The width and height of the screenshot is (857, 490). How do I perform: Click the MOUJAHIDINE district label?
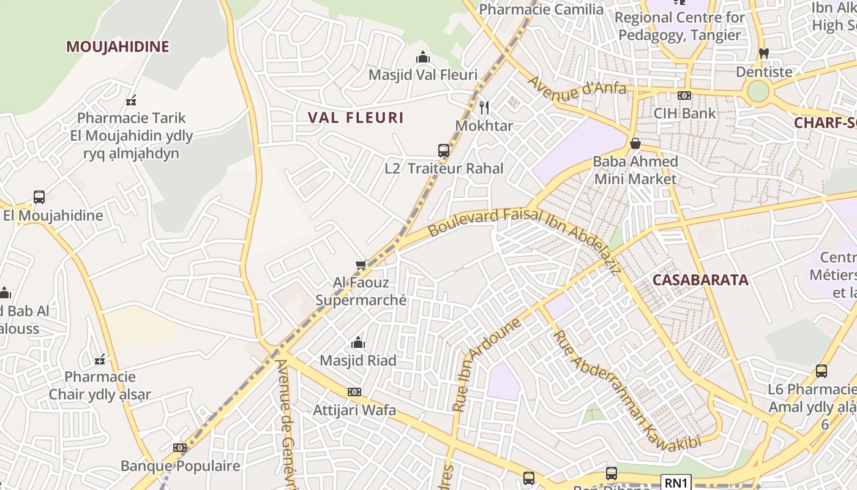[x=118, y=47]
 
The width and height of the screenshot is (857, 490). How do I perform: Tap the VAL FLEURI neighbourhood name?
[x=356, y=118]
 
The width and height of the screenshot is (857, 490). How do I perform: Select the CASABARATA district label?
[x=700, y=280]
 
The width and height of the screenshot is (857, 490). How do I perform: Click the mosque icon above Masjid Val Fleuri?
[x=422, y=58]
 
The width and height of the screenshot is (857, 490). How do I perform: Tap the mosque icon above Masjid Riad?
[x=358, y=342]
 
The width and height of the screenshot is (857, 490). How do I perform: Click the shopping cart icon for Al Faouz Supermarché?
[x=361, y=265]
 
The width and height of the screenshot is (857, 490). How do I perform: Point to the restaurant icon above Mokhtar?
[x=484, y=108]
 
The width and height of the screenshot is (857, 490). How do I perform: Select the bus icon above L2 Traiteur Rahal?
[x=444, y=151]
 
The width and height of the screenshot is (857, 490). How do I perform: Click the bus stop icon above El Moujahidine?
[x=39, y=197]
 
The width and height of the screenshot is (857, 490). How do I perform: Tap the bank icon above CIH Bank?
[x=684, y=96]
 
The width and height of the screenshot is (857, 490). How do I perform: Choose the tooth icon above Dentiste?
[x=763, y=54]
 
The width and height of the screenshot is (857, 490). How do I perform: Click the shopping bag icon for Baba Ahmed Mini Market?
[x=635, y=144]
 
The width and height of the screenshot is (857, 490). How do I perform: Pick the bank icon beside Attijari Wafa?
[x=354, y=392]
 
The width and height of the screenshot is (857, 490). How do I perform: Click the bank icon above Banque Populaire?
[x=179, y=448]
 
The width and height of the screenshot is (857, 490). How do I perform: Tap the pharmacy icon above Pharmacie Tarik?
[x=131, y=100]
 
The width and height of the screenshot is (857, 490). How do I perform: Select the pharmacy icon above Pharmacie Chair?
[x=100, y=359]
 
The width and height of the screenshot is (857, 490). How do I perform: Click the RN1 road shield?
[x=676, y=483]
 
